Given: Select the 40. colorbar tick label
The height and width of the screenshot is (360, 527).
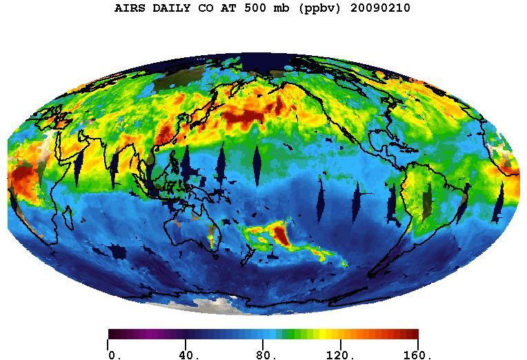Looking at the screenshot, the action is [x=188, y=356].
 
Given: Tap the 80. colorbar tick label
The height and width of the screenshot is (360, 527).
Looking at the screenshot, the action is [x=266, y=356].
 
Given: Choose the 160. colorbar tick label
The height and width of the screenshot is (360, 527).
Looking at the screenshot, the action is [x=417, y=356].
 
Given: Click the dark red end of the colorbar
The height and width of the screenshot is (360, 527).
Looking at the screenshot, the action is [x=412, y=334].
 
